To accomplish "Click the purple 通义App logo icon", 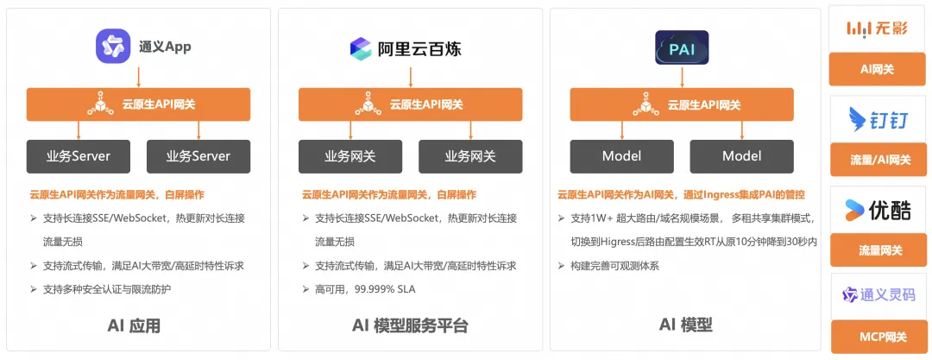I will coord(112,47).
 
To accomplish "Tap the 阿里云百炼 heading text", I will coord(419,48).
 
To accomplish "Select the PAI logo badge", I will coord(682,48).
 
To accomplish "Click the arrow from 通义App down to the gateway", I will coord(138,77).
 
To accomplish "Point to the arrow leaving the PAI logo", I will coord(682,77).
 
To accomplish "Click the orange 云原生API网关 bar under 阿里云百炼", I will coord(410,104).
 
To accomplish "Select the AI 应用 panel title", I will coord(134,325).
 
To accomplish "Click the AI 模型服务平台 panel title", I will coord(410,325).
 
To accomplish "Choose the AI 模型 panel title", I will coord(685,325).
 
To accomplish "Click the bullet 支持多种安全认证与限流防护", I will coord(108,289).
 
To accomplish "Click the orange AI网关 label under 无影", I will coord(877,69).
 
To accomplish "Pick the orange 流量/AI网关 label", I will coord(877,159).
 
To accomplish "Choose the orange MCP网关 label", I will coord(877,336).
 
